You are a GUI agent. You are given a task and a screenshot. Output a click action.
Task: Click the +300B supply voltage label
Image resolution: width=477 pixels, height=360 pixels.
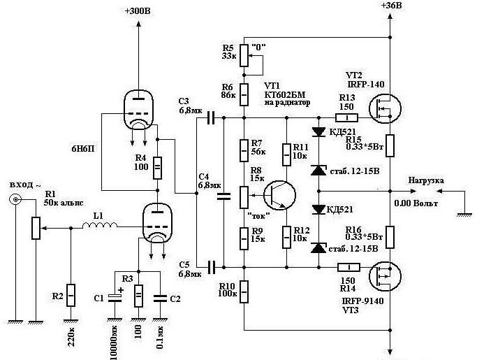tap(138, 11)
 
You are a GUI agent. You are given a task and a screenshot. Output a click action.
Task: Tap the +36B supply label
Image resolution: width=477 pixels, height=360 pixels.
tap(391, 5)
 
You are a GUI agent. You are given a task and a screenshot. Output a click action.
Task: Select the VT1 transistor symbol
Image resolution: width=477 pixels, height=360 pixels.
tap(279, 195)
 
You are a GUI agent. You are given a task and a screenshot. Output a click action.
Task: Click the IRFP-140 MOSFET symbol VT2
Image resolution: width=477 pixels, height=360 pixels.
tap(385, 108)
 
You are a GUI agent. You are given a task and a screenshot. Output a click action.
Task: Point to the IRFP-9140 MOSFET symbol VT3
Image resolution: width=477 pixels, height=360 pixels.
tap(385, 277)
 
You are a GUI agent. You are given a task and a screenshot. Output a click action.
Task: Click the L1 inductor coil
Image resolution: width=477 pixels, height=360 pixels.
tap(99, 225)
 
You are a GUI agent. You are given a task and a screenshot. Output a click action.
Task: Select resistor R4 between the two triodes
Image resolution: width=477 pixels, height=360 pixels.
tap(157, 168)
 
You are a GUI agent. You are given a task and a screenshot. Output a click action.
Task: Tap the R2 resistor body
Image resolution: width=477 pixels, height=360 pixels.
tap(71, 295)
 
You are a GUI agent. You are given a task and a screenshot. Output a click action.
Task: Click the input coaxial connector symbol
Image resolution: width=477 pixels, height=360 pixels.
tap(15, 199)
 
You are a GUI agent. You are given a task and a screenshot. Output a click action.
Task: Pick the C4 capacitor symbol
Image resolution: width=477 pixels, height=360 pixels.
tap(223, 196)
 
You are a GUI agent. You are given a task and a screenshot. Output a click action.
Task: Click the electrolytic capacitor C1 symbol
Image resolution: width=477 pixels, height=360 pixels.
tap(115, 298)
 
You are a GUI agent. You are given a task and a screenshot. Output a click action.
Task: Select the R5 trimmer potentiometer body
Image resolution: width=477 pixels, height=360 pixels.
tap(244, 55)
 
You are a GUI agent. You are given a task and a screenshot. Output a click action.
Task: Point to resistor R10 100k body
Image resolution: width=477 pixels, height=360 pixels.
tap(244, 291)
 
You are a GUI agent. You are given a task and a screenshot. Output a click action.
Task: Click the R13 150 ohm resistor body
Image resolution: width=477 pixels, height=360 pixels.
tap(346, 117)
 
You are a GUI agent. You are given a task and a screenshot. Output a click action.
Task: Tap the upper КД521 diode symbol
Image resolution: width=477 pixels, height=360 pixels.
tap(318, 131)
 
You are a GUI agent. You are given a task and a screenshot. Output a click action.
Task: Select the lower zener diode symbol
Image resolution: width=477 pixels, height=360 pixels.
tap(318, 248)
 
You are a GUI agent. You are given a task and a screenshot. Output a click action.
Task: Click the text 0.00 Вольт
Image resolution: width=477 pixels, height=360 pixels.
tap(416, 203)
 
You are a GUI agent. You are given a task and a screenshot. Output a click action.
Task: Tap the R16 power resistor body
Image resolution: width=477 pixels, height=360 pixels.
tap(390, 237)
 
